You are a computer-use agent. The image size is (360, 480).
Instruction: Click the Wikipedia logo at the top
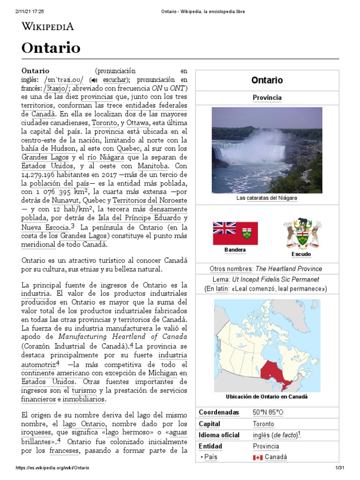click(x=48, y=26)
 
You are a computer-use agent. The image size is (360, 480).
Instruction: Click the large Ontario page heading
click(x=51, y=48)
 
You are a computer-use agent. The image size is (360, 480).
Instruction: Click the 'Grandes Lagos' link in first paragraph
click(x=45, y=157)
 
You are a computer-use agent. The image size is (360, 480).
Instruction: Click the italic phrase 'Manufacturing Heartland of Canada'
click(x=116, y=337)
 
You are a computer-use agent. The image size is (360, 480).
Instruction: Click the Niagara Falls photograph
click(x=267, y=150)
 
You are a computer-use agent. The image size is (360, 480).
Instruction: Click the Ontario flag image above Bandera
click(x=234, y=233)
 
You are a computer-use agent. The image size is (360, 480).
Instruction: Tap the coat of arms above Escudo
click(x=302, y=233)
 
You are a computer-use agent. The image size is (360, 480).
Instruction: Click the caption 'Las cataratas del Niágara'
click(x=267, y=198)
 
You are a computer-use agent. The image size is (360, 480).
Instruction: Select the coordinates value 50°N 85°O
click(x=268, y=412)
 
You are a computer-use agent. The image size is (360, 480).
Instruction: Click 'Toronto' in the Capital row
click(x=263, y=424)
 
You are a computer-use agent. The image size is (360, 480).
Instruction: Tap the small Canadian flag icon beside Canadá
click(x=257, y=457)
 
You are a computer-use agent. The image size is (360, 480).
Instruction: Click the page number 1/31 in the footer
click(x=340, y=468)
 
